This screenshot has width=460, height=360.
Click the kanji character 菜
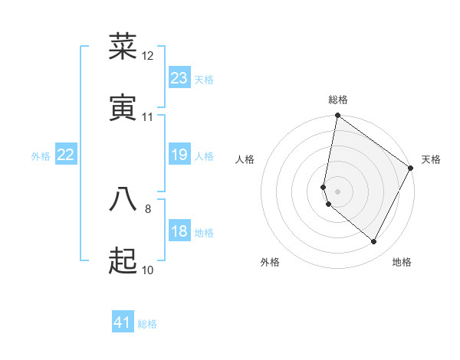pyautogui.click(x=123, y=47)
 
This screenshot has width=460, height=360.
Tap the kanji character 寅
pyautogui.click(x=123, y=108)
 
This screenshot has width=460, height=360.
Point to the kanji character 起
pyautogui.click(x=123, y=261)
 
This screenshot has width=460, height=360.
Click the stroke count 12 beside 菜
pyautogui.click(x=148, y=56)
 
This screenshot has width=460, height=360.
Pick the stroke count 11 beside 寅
pyautogui.click(x=148, y=117)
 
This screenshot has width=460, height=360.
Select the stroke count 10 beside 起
pyautogui.click(x=148, y=270)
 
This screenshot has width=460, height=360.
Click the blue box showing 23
pyautogui.click(x=179, y=78)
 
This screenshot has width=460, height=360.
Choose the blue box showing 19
pyautogui.click(x=179, y=155)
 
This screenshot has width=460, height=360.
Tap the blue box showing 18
pyautogui.click(x=179, y=231)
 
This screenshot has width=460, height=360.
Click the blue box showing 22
pyautogui.click(x=66, y=155)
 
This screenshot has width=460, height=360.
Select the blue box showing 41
pyautogui.click(x=123, y=322)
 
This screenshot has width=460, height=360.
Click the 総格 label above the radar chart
pyautogui.click(x=338, y=100)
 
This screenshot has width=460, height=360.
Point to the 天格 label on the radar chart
pyautogui.click(x=431, y=159)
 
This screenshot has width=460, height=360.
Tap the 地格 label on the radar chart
pyautogui.click(x=402, y=262)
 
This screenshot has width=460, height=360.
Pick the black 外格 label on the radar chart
pyautogui.click(x=270, y=262)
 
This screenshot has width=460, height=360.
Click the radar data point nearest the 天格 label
pyautogui.click(x=411, y=168)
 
